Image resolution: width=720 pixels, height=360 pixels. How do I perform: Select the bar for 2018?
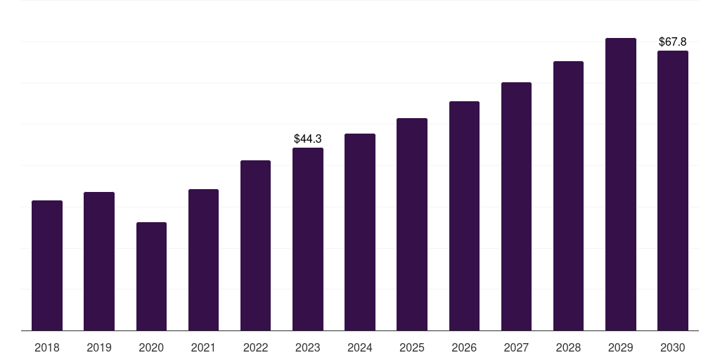click(x=47, y=265)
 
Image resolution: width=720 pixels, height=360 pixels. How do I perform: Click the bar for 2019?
click(x=99, y=262)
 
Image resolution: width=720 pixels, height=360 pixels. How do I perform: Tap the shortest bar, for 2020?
click(x=152, y=276)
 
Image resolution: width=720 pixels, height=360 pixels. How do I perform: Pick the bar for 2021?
click(x=203, y=260)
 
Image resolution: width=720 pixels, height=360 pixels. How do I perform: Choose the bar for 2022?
click(x=255, y=245)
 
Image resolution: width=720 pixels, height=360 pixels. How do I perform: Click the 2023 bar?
click(x=308, y=239)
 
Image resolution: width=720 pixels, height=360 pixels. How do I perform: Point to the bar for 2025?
click(x=412, y=224)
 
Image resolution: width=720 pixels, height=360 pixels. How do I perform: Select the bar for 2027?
click(x=516, y=207)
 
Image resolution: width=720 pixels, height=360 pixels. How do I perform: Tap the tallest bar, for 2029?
click(x=621, y=184)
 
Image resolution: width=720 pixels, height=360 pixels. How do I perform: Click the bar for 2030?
click(x=673, y=191)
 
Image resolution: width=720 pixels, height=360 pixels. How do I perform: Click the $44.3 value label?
click(x=308, y=139)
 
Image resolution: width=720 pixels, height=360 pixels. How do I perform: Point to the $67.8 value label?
click(x=673, y=41)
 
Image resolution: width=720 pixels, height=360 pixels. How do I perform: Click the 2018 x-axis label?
click(x=47, y=347)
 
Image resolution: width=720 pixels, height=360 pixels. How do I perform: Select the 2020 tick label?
click(x=151, y=347)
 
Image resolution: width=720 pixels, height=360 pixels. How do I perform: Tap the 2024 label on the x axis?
click(x=360, y=347)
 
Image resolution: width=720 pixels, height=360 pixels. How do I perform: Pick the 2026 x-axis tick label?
click(x=464, y=347)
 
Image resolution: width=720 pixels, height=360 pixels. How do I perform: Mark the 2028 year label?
click(x=568, y=347)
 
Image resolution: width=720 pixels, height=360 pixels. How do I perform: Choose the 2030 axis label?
click(x=673, y=347)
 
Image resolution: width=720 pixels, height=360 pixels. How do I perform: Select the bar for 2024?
click(x=360, y=232)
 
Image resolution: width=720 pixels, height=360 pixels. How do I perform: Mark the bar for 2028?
click(x=568, y=196)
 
